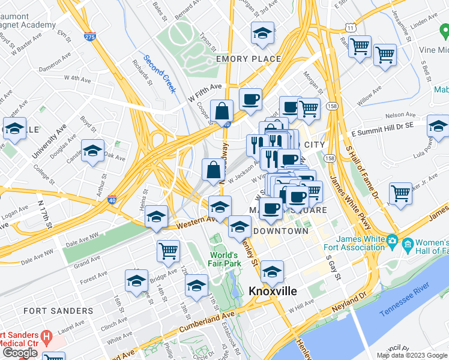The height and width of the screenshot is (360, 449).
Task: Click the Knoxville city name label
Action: (x=273, y=291)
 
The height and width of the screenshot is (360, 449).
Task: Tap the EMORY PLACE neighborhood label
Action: (x=248, y=59)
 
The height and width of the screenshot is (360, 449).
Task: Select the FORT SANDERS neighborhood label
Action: (x=58, y=311)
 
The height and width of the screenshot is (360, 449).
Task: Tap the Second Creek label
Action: (x=160, y=75)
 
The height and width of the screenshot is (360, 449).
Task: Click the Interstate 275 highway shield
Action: (x=89, y=37)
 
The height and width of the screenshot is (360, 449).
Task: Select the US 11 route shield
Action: (x=350, y=28)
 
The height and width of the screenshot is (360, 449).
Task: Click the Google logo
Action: (x=20, y=353)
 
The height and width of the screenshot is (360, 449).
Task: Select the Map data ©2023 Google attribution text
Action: (x=412, y=355)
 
